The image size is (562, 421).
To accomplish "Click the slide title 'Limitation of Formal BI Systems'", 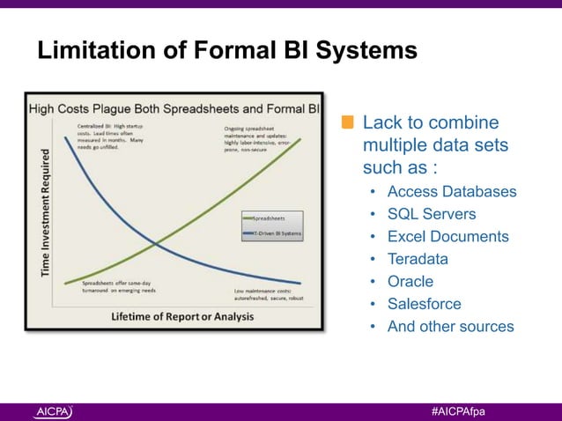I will [226, 52].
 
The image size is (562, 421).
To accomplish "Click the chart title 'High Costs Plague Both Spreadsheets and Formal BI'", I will [174, 109].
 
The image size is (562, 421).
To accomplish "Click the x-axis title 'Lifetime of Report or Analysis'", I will [182, 315].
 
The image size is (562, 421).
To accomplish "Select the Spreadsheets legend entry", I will [273, 216].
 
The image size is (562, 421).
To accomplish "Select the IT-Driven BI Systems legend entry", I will [273, 233].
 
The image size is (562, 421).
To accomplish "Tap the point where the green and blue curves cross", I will [155, 243].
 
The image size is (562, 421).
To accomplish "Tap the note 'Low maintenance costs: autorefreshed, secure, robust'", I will [269, 293].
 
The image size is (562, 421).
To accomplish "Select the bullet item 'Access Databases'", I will [451, 192].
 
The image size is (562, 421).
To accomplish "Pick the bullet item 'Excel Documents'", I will [447, 237].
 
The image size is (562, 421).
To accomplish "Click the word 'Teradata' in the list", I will [418, 259].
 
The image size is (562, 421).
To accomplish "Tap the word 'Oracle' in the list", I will [410, 282].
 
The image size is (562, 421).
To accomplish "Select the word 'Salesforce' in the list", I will [424, 304].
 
